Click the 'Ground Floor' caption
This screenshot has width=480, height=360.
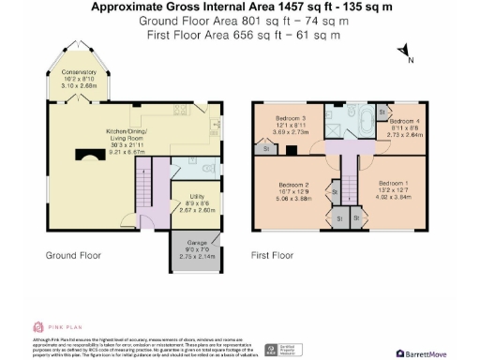[74, 255]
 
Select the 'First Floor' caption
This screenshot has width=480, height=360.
[273, 255]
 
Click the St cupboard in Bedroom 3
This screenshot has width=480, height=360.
[266, 148]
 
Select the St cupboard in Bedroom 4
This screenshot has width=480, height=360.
[382, 112]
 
